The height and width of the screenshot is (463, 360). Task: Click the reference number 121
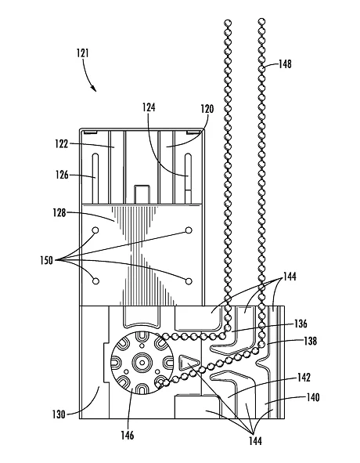[x=83, y=53]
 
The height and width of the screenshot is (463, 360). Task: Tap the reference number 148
[x=285, y=63]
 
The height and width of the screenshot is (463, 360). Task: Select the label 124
[x=149, y=107]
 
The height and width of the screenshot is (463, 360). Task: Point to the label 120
[x=207, y=109]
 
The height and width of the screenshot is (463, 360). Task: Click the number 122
[x=62, y=144]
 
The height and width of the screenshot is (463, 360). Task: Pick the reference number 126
[x=62, y=175]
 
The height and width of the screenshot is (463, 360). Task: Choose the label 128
[x=59, y=212]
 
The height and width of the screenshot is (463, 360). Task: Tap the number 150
[x=47, y=260]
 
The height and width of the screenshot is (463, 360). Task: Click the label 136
[x=301, y=324]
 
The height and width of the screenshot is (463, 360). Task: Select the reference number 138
[x=311, y=341]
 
